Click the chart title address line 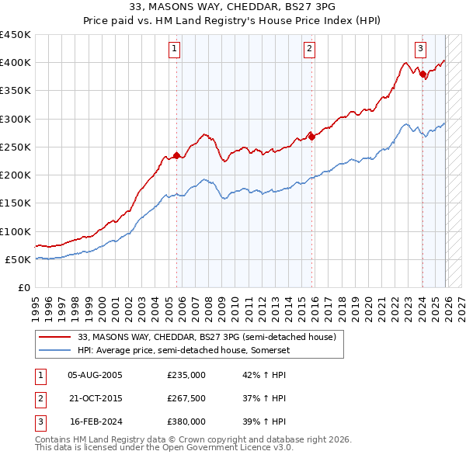[233, 7]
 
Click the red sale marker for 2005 [176, 155]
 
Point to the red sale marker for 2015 [311, 137]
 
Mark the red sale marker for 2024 [423, 74]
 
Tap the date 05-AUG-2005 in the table [95, 374]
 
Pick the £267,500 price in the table [186, 398]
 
